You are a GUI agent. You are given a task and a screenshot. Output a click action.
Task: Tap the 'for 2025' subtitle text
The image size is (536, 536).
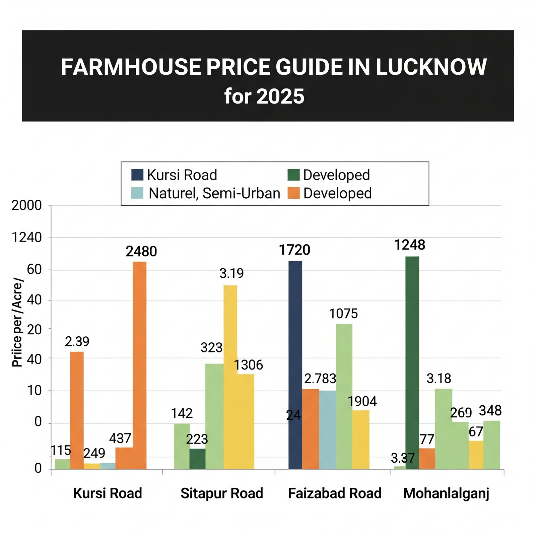pyautogui.click(x=264, y=96)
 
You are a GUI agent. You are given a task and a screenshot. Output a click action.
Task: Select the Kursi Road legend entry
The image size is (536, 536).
pyautogui.click(x=174, y=175)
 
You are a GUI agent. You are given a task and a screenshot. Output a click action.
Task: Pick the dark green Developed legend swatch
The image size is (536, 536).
pyautogui.click(x=293, y=175)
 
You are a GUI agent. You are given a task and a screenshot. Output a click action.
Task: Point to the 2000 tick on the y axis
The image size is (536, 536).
pyautogui.click(x=27, y=205)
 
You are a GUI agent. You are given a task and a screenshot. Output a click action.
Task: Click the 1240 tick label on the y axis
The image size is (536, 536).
pyautogui.click(x=27, y=238)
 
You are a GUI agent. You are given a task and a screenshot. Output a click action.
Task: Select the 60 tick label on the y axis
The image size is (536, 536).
pyautogui.click(x=34, y=269)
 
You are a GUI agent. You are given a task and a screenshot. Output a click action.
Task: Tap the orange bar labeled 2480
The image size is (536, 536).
pyautogui.click(x=139, y=365)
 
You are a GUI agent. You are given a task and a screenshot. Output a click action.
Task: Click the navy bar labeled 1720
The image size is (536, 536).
pyautogui.click(x=295, y=365)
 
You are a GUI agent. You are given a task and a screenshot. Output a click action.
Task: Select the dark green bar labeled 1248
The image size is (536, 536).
pyautogui.click(x=412, y=362)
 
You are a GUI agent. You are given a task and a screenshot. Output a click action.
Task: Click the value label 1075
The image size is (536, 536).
pyautogui.click(x=343, y=314)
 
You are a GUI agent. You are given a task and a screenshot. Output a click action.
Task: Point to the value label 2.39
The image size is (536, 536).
pyautogui.click(x=77, y=342)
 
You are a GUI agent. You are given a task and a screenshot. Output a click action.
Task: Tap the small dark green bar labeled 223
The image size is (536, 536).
pyautogui.click(x=197, y=459)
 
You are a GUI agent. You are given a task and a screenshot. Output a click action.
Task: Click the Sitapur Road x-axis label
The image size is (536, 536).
pyautogui.click(x=222, y=493)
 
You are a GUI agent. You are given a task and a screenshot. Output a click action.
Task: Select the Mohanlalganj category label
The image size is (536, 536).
pyautogui.click(x=446, y=493)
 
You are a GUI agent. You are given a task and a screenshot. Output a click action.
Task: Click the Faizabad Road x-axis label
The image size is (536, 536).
pyautogui.click(x=335, y=493)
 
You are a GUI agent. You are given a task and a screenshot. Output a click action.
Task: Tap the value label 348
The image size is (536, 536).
pyautogui.click(x=490, y=411)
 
